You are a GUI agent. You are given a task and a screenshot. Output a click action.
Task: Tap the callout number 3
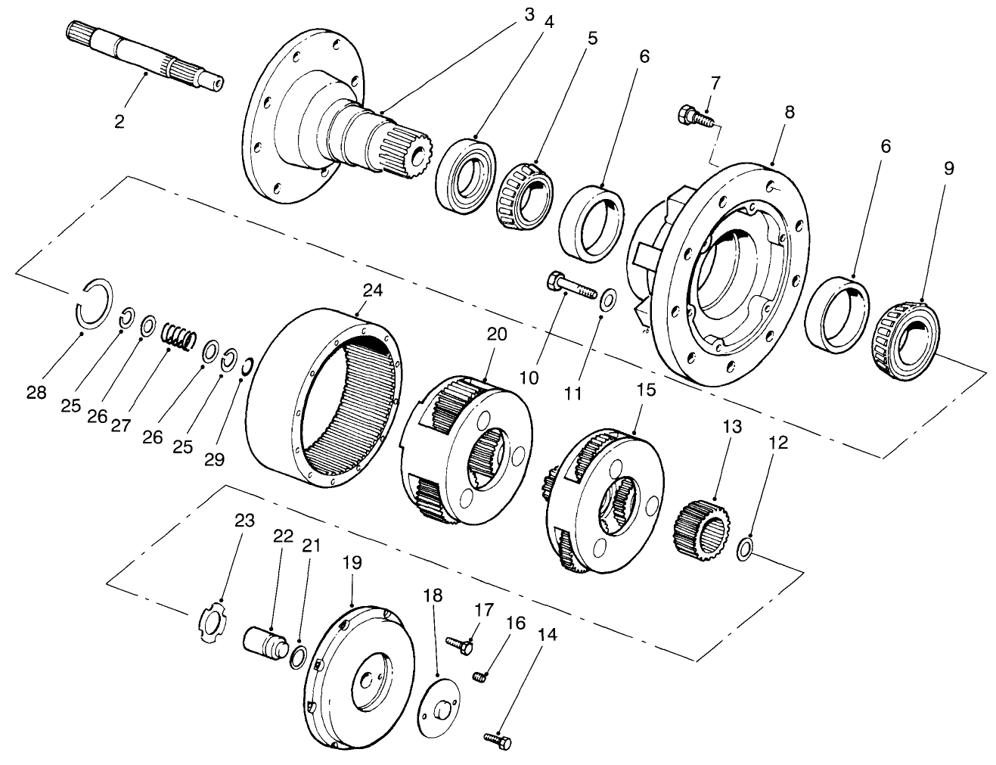click(x=529, y=14)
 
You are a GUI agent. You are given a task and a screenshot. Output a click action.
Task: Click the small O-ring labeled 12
click(x=744, y=549)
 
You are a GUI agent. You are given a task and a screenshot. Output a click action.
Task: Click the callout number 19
click(x=352, y=564)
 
